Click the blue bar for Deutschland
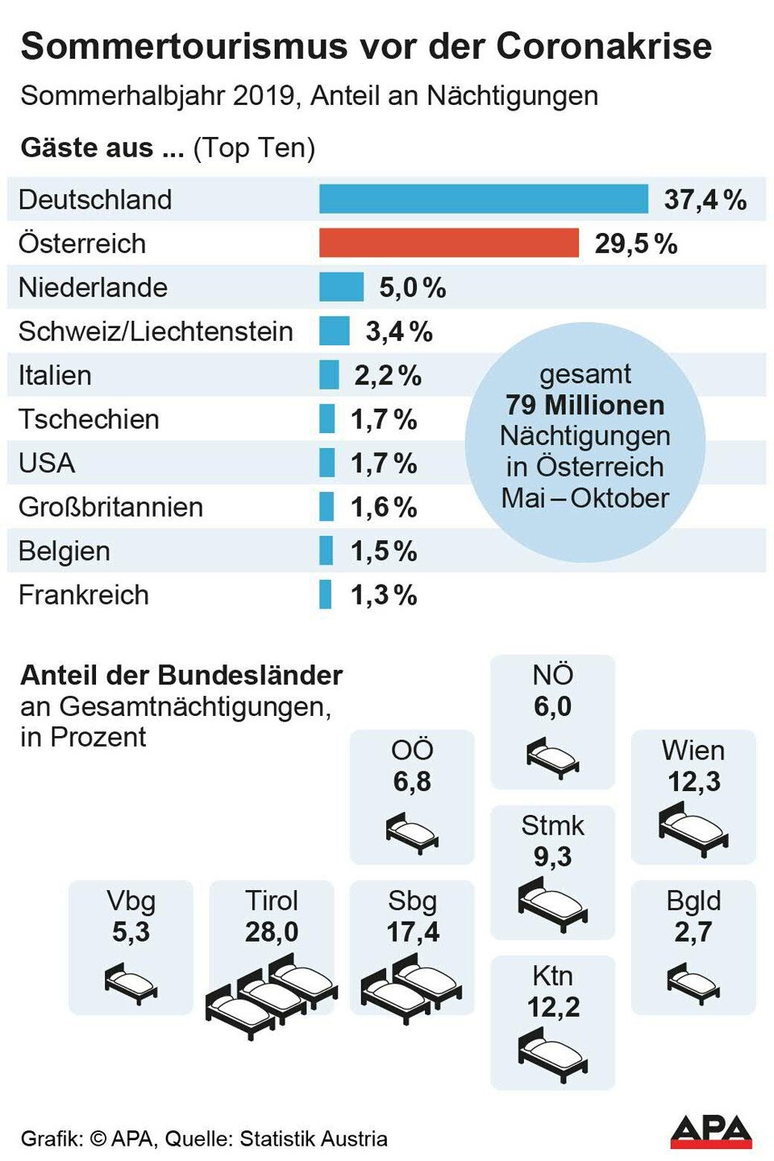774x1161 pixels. pyautogui.click(x=483, y=199)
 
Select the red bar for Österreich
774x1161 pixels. pyautogui.click(x=448, y=243)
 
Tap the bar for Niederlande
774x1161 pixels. pyautogui.click(x=341, y=287)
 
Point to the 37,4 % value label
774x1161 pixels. pyautogui.click(x=705, y=200)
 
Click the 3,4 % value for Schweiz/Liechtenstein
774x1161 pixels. pyautogui.click(x=398, y=331)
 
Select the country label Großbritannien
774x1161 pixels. pyautogui.click(x=110, y=507)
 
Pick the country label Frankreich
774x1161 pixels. pyautogui.click(x=83, y=595)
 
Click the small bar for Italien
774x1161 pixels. pyautogui.click(x=329, y=375)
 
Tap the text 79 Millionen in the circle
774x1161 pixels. pyautogui.click(x=585, y=405)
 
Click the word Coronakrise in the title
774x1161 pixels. pyautogui.click(x=604, y=46)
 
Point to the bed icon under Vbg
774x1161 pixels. pyautogui.click(x=131, y=983)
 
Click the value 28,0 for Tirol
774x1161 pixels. pyautogui.click(x=272, y=932)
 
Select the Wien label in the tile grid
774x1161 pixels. pyautogui.click(x=693, y=751)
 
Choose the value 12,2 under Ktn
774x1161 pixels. pyautogui.click(x=553, y=1007)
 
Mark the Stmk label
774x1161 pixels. pyautogui.click(x=552, y=826)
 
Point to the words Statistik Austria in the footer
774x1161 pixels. pyautogui.click(x=314, y=1138)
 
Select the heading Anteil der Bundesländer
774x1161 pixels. pyautogui.click(x=181, y=675)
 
